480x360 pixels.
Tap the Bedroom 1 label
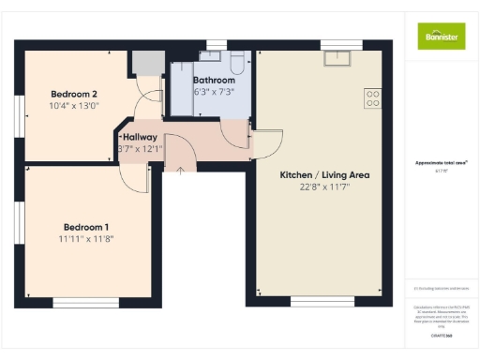coord(86,228)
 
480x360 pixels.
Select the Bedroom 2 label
coord(74,94)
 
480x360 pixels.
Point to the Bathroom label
coord(215,81)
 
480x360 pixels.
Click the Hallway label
coord(138,137)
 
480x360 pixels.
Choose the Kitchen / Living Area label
coord(324,175)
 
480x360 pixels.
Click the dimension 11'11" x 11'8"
coord(86,240)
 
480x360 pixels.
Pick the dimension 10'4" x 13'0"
coord(74,106)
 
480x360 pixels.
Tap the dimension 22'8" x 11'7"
coord(324,187)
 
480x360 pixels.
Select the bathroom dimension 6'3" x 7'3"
coord(215,92)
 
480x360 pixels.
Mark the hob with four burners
coord(372,97)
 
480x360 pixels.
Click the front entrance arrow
coord(180,169)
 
